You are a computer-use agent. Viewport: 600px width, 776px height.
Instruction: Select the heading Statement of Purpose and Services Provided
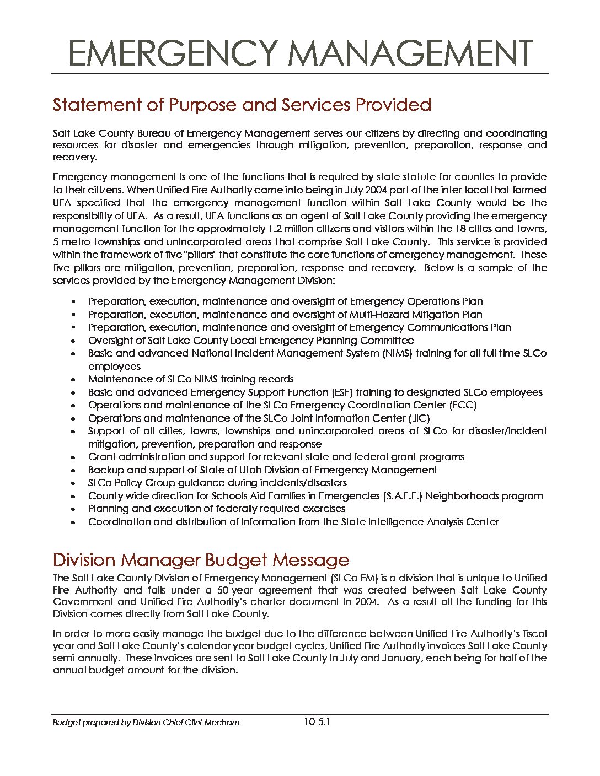(242, 105)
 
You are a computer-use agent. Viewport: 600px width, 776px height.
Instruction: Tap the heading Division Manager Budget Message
(201, 560)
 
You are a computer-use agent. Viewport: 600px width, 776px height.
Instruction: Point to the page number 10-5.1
(317, 722)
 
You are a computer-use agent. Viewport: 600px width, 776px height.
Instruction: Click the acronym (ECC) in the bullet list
(463, 405)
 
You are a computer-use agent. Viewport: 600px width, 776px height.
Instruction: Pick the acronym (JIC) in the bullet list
(419, 418)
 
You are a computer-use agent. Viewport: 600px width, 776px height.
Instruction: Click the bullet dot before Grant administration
(73, 457)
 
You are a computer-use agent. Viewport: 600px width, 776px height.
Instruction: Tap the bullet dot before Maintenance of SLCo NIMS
(73, 380)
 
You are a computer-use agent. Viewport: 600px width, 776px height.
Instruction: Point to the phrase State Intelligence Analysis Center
(420, 522)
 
